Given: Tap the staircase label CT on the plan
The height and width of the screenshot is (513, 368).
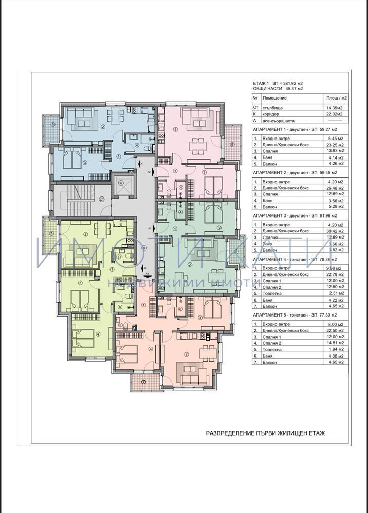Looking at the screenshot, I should pyautogui.click(x=101, y=199).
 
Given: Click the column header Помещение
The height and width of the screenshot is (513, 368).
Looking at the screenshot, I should pyautogui.click(x=272, y=97).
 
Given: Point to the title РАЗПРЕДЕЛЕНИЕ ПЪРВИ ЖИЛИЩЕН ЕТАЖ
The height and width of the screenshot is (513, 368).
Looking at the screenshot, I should pyautogui.click(x=265, y=433).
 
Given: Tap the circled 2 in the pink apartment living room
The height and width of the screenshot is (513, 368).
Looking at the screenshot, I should pyautogui.click(x=175, y=129).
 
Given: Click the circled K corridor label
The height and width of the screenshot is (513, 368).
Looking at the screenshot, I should pyautogui.click(x=144, y=248).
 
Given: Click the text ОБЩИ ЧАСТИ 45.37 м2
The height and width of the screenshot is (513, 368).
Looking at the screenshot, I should pyautogui.click(x=278, y=89).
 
